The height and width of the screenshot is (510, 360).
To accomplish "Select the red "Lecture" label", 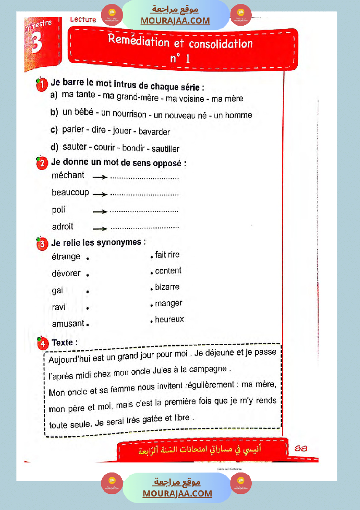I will pyautogui.click(x=83, y=20).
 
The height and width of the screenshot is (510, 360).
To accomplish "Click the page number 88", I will pyautogui.click(x=301, y=448).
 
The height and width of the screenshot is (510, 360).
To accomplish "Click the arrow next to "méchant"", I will pyautogui.click(x=100, y=178).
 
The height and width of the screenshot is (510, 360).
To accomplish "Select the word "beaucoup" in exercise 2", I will pyautogui.click(x=70, y=192).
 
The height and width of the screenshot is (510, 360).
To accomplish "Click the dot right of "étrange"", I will pyautogui.click(x=88, y=258).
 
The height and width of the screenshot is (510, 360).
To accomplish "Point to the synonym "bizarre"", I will pyautogui.click(x=167, y=287).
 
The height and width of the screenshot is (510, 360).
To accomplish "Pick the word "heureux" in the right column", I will pyautogui.click(x=169, y=319).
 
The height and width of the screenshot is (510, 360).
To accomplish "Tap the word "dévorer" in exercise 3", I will pyautogui.click(x=66, y=274).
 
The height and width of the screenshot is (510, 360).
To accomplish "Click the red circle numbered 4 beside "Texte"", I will pyautogui.click(x=42, y=343).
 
